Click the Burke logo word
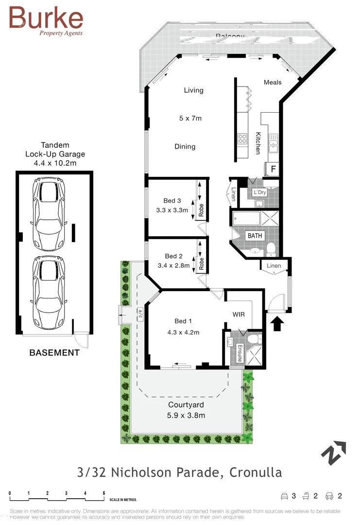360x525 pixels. click(x=46, y=18)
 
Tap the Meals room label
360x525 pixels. click(x=273, y=82)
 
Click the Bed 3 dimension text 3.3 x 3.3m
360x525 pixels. click(x=172, y=210)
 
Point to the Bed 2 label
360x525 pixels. click(x=173, y=256)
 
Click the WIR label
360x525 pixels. click(x=238, y=315)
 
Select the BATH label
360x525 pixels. click(x=255, y=236)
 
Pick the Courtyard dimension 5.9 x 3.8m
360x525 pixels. click(x=186, y=415)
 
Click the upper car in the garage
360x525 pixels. click(x=47, y=212)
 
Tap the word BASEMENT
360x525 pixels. click(x=54, y=353)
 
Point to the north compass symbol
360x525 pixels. click(x=333, y=453)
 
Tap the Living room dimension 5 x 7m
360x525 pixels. click(x=190, y=118)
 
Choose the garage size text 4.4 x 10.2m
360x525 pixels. click(x=54, y=163)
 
